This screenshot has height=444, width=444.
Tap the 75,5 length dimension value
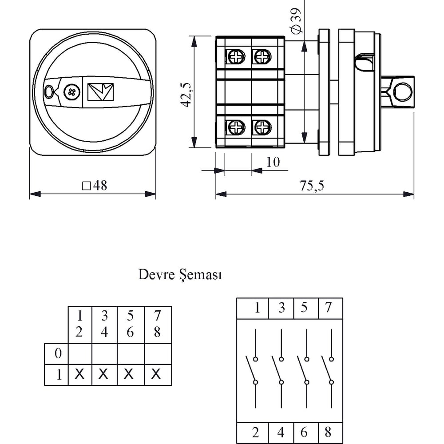pos(312,186)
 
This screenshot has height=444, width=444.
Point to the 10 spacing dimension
pos(273,162)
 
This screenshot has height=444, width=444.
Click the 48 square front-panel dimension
pos(95,186)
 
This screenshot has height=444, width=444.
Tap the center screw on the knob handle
pos(72,92)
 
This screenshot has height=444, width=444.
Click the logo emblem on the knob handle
pos(100,92)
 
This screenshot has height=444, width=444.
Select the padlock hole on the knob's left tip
pos(49,92)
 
